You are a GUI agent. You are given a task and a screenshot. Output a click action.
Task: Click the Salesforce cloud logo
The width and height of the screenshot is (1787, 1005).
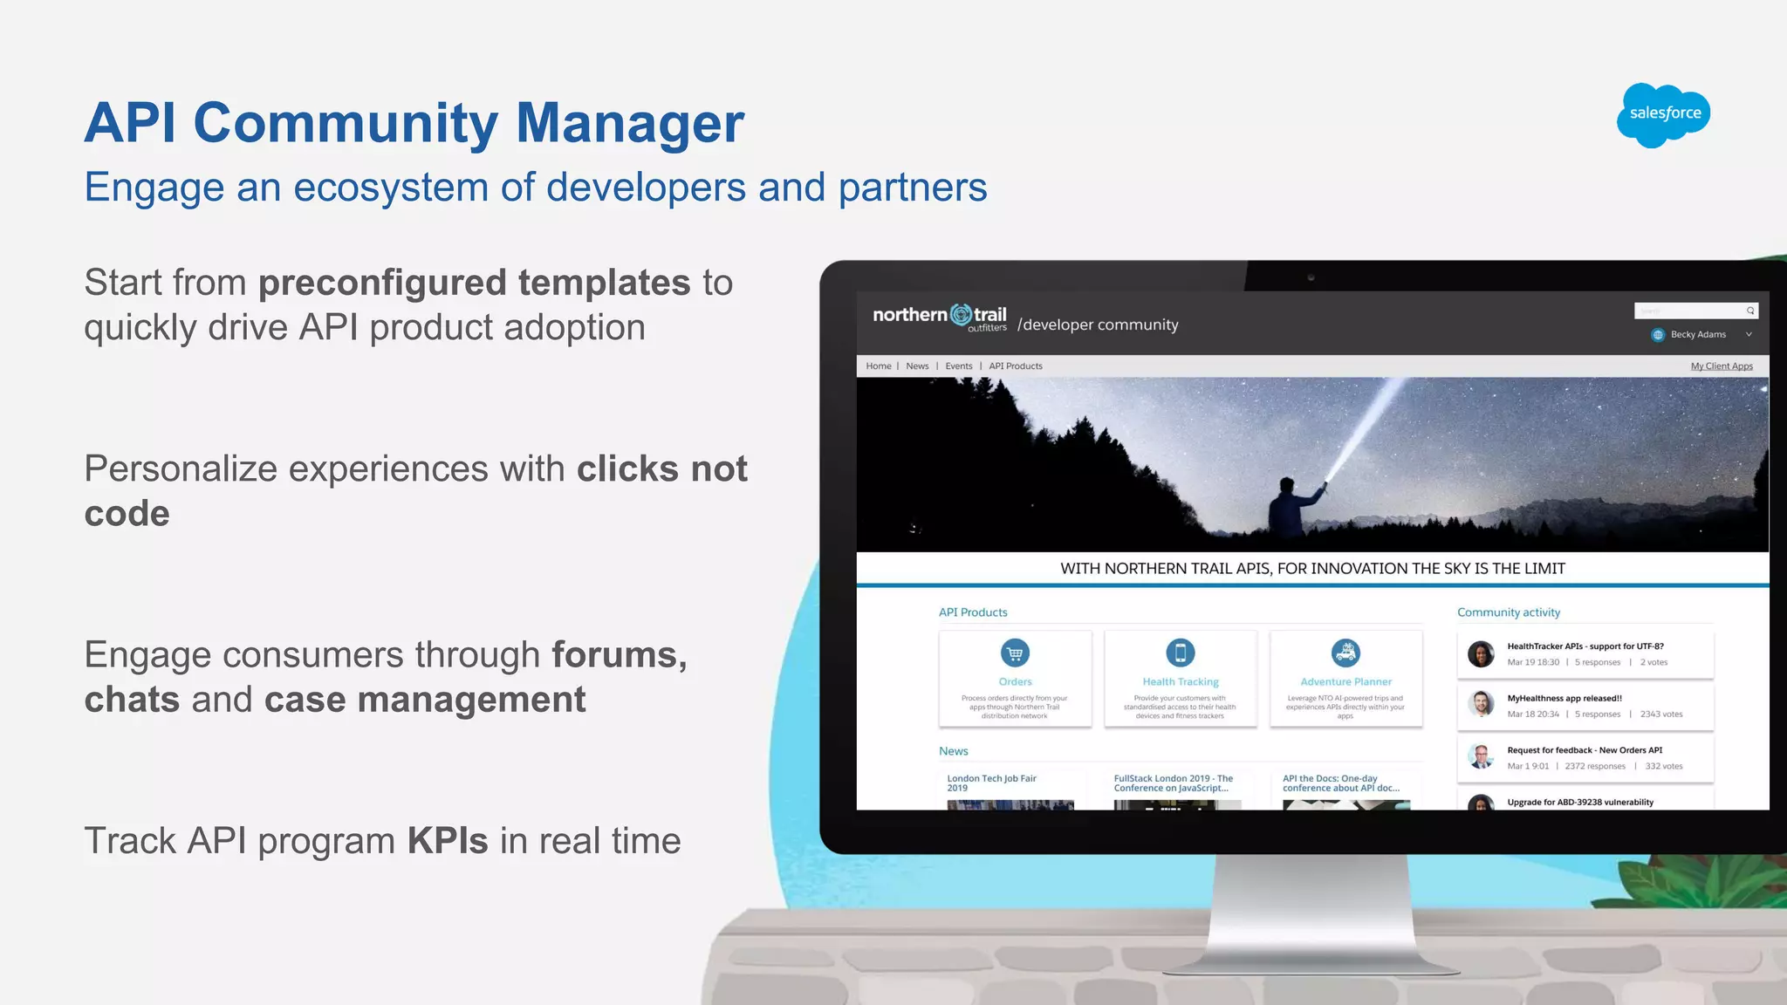(x=1663, y=114)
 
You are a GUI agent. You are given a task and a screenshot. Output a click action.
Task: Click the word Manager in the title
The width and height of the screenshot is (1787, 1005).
(x=629, y=123)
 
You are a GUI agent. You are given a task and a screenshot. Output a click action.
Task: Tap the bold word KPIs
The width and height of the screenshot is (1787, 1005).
(x=448, y=841)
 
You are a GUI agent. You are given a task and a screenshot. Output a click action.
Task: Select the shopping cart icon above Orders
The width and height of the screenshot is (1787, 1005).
(x=1015, y=653)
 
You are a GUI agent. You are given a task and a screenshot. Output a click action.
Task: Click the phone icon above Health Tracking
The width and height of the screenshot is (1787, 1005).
(x=1180, y=653)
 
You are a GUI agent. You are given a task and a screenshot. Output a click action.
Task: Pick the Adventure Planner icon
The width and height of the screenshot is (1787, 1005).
(x=1345, y=653)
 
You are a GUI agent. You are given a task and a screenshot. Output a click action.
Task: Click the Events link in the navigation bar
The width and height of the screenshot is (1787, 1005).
(x=958, y=366)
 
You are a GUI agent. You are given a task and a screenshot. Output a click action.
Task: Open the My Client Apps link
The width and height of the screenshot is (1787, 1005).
(x=1721, y=366)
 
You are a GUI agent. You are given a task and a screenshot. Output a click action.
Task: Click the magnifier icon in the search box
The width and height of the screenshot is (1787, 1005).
(x=1749, y=311)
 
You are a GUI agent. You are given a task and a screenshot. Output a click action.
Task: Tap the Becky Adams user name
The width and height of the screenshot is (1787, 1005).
(x=1697, y=335)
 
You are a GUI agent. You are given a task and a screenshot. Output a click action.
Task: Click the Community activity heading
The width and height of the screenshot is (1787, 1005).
(x=1508, y=612)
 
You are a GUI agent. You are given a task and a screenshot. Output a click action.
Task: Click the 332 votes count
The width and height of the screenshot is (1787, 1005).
(x=1663, y=767)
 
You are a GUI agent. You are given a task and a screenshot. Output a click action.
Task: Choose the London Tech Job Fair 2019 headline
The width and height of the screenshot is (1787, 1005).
(x=991, y=783)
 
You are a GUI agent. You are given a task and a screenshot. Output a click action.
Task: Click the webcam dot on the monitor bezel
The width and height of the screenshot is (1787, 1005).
(x=1311, y=277)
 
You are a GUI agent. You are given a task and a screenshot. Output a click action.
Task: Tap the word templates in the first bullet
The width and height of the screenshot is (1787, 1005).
(x=604, y=284)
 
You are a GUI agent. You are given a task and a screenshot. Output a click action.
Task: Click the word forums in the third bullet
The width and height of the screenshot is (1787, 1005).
(x=619, y=655)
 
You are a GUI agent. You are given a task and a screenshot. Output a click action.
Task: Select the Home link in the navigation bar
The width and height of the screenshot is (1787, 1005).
(x=878, y=366)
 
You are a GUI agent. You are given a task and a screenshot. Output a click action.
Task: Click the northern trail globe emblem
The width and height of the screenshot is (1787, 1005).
(x=961, y=314)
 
